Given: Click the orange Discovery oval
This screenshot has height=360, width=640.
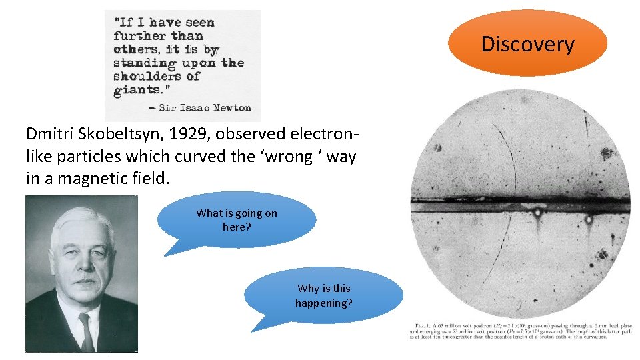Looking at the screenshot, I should click(527, 43).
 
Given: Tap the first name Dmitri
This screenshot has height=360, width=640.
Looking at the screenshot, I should click(49, 133).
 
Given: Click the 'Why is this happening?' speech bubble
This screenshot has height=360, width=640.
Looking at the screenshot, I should click(324, 295).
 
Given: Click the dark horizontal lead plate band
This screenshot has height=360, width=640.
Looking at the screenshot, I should click(520, 205).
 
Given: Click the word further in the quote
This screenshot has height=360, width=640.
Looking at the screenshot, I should click(139, 36).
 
